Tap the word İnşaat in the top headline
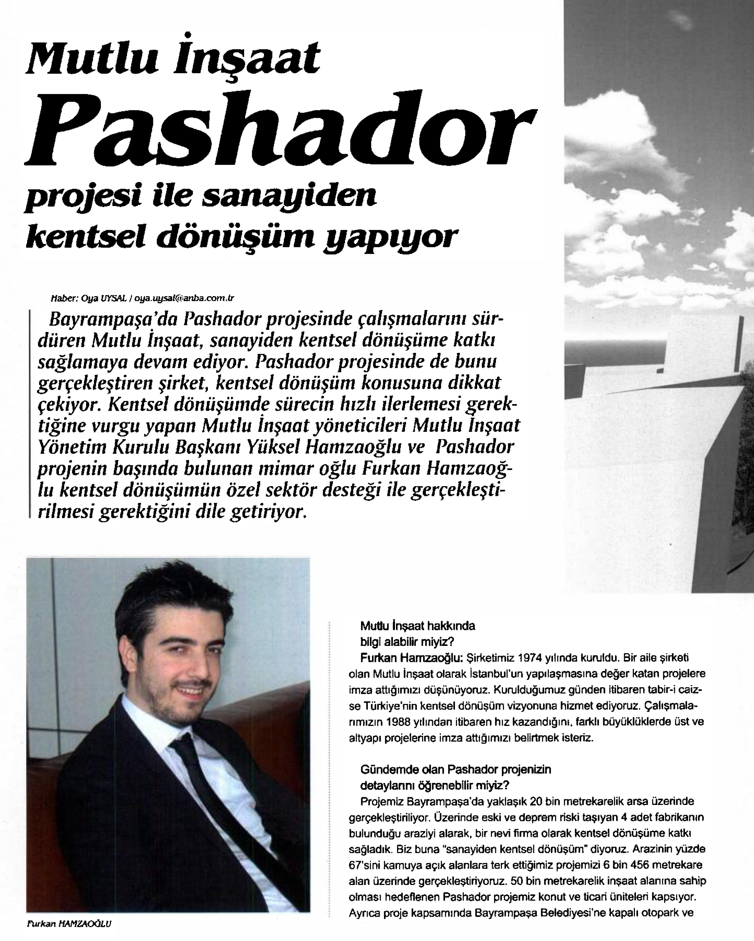point(247,60)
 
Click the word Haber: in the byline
point(64,299)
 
